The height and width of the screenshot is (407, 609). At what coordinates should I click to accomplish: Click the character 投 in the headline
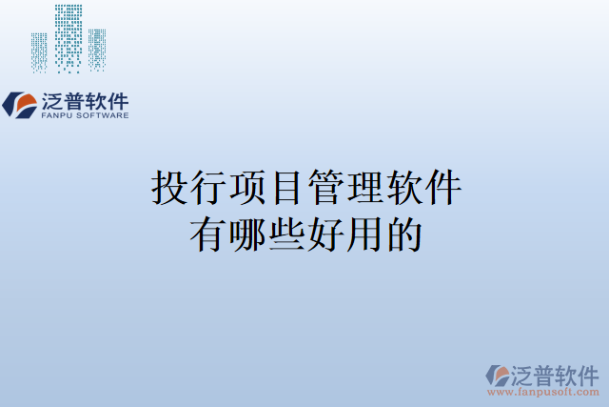point(169,188)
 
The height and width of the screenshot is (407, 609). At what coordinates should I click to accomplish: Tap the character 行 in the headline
point(208,188)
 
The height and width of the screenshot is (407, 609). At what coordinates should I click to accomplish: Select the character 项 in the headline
point(247,188)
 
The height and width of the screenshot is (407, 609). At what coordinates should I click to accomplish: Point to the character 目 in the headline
point(286,188)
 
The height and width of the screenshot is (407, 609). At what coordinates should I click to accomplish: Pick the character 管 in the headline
point(325,188)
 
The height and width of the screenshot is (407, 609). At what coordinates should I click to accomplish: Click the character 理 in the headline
point(364,188)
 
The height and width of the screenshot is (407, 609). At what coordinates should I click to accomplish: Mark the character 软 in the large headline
point(403,188)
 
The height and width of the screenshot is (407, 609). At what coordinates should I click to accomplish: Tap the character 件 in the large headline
point(442,188)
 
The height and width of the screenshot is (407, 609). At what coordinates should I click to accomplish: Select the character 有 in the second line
point(208,234)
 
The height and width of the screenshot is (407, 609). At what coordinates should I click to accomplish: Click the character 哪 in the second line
point(247,234)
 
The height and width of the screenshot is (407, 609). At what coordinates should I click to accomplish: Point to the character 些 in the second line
point(286,234)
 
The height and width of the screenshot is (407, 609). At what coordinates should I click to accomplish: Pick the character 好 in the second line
point(325,234)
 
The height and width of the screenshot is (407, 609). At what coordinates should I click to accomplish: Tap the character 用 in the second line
point(364,234)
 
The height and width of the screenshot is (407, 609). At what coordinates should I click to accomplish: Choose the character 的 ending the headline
point(403,234)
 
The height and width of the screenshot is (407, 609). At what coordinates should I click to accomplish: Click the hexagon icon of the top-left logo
point(20,105)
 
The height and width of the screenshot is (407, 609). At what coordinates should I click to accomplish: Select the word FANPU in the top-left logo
point(57,115)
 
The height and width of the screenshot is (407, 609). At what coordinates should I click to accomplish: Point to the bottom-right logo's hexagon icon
point(497,375)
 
